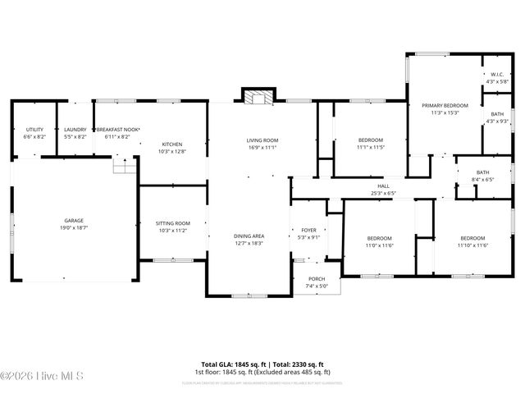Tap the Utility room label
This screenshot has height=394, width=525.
coord(34,130)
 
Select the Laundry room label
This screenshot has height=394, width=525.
coord(75,130)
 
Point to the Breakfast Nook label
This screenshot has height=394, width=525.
coord(118,130)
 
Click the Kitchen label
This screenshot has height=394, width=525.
coord(171,144)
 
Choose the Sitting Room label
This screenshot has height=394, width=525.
coord(172,223)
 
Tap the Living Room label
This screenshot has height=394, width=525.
coord(262,140)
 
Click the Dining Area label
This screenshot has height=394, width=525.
coord(249,236)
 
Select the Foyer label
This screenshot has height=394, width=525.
coord(308,231)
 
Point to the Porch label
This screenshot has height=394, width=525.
coord(317,279)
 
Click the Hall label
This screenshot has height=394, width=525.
coord(383,186)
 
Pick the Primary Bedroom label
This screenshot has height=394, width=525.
coord(445,106)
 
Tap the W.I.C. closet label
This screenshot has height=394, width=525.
coord(497,75)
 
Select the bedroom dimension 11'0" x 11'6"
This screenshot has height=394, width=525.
coord(379,245)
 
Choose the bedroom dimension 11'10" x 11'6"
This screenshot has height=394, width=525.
coord(473,245)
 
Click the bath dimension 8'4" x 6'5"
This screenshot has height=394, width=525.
coord(482,178)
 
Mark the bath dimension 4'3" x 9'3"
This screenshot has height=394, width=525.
coord(497,121)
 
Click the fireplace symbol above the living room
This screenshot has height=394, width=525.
coord(257,97)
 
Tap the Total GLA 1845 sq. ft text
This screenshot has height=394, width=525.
coord(231,364)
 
